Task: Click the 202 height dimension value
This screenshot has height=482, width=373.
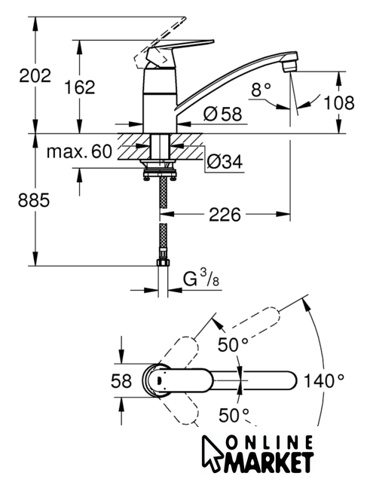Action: point(35,75)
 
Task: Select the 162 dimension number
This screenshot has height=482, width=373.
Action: point(80,87)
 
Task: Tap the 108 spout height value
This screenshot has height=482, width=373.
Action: point(339,102)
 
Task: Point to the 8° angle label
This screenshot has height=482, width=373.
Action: point(261,90)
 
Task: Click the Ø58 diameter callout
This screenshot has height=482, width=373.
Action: point(222,114)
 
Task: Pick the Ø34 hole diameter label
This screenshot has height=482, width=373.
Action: point(225,161)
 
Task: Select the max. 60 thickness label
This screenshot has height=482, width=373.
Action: point(79,151)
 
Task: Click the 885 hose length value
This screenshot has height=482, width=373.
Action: point(33,200)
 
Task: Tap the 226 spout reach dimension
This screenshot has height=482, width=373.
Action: point(225,214)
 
